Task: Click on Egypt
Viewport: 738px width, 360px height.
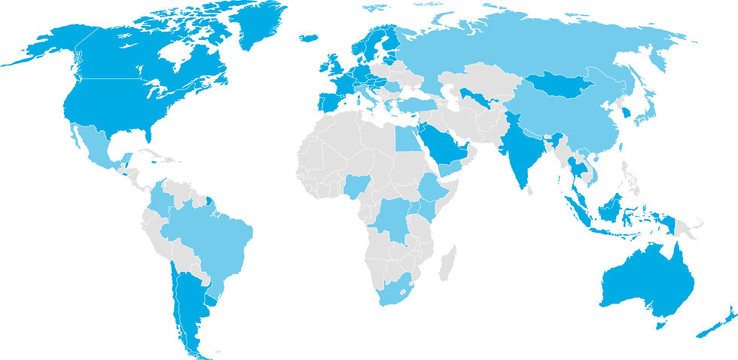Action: [406, 139]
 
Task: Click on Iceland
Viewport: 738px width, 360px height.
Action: [309, 38]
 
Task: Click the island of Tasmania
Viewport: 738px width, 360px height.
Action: [661, 324]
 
